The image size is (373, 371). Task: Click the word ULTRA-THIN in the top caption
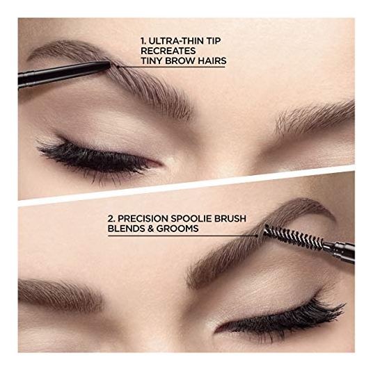coord(175,41)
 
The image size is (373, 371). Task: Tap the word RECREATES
coord(168,51)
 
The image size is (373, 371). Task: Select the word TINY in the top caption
coord(151,61)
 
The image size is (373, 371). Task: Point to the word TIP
coord(213,41)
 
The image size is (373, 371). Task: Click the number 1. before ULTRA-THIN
coord(143,41)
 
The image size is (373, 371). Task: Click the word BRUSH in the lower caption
coord(230,219)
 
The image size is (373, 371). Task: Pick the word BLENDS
coord(126,229)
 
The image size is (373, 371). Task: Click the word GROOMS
coord(177,229)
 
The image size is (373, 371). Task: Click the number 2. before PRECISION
coord(111,219)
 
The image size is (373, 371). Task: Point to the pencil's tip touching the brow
coord(109,64)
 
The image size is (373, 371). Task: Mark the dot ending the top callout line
coord(118,67)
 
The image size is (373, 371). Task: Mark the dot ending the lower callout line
coord(256,236)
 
